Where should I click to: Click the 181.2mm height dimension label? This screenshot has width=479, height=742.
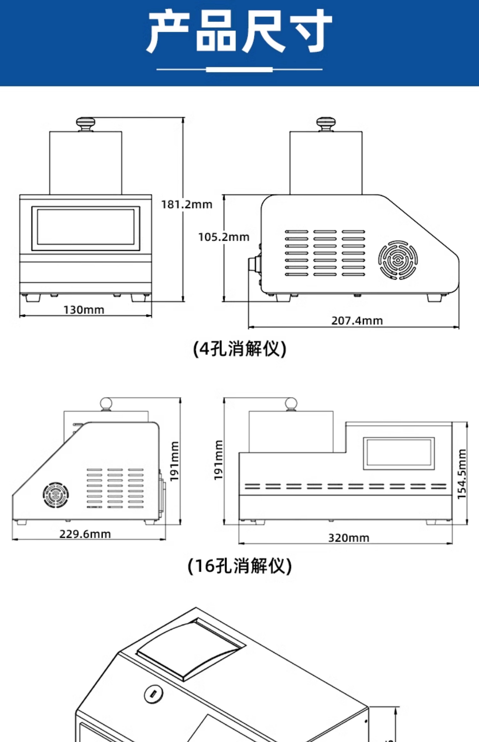point(187,204)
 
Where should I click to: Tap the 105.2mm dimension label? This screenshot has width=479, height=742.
point(224,237)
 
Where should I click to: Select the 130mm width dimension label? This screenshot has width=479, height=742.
point(84,310)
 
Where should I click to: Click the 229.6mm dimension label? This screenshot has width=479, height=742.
point(85,534)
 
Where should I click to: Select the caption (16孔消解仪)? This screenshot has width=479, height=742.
point(240,566)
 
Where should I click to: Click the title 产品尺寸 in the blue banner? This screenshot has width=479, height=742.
point(239,31)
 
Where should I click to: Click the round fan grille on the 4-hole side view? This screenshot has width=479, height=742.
point(398,260)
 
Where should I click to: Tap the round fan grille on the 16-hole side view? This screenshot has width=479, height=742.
point(56,494)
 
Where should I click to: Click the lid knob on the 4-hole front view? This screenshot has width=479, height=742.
point(85,124)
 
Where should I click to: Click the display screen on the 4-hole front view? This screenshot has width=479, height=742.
point(86,228)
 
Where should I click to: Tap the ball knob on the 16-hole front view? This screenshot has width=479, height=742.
point(291,404)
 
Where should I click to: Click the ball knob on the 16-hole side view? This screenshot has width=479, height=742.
point(106,404)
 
